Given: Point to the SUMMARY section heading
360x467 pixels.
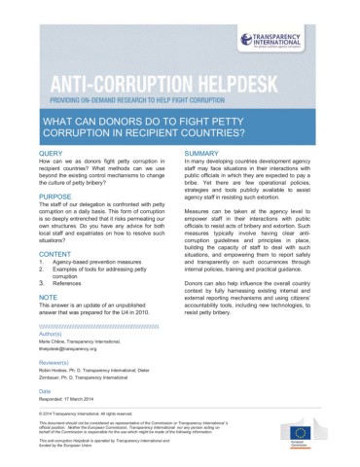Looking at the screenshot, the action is point(200,154).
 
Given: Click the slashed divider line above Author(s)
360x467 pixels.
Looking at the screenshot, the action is point(98,326).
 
